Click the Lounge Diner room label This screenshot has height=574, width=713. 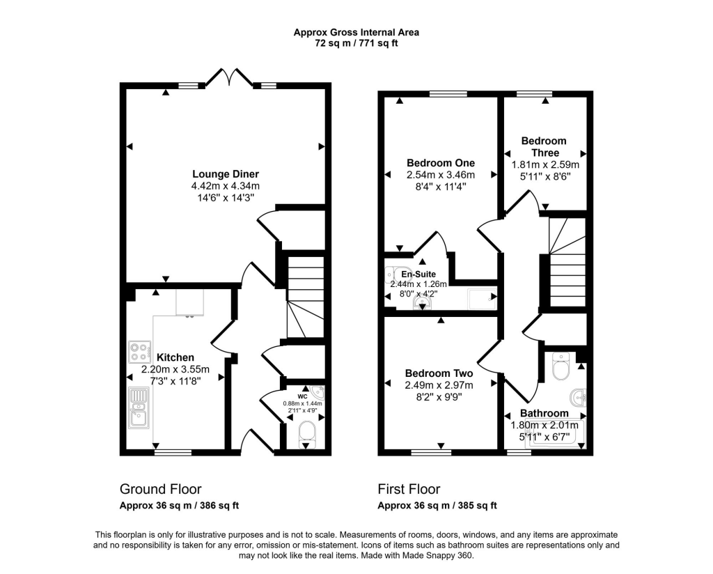(x=226, y=173)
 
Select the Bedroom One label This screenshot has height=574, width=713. (x=440, y=163)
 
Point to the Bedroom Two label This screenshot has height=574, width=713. (x=439, y=373)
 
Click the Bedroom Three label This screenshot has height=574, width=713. (x=544, y=146)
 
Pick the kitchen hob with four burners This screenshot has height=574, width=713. (x=139, y=349)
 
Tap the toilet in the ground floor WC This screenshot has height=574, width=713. (x=306, y=435)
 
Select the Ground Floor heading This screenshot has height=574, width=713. (x=161, y=489)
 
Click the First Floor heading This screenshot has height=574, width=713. (x=409, y=489)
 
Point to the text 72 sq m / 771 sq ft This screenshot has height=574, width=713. (x=356, y=43)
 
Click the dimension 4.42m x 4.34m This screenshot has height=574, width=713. (x=226, y=186)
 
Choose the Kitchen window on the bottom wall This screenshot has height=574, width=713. (x=173, y=452)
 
